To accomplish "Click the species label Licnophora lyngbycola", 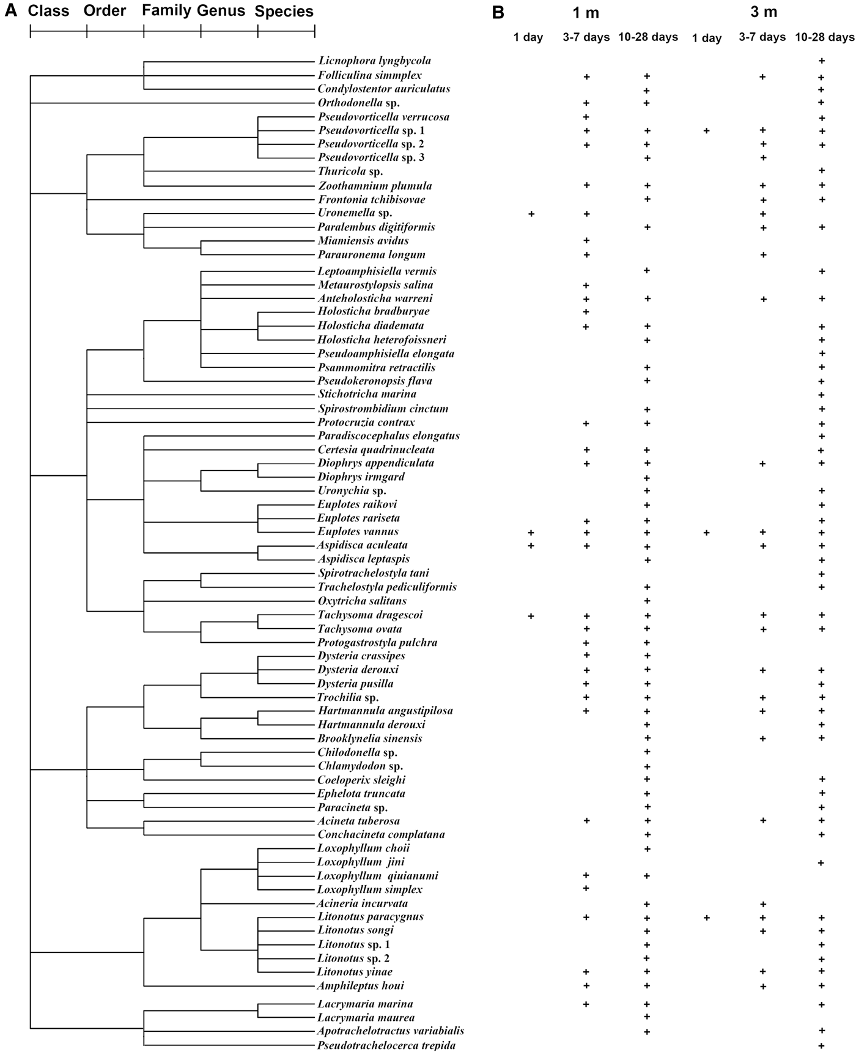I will coord(374,61).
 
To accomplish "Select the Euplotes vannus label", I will coord(358,532).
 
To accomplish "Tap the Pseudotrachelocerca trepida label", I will coord(386,1045).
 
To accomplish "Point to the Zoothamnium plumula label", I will coord(374,186).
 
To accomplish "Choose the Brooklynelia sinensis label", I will coord(369,738).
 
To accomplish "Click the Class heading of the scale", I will coord(48,11).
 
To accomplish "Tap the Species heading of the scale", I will coord(284,12).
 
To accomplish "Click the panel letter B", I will coord(498,12).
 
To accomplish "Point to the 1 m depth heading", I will coord(585,12).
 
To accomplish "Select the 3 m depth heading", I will coord(764,12).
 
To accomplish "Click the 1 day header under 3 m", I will coord(707,39).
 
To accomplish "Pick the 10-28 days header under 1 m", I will coord(648,37).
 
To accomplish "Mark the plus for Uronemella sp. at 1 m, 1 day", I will coord(531,214).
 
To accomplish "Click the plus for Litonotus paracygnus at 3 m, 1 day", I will coord(707,917).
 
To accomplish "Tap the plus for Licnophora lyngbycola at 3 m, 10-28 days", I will coord(822,61).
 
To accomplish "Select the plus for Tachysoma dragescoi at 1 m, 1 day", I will coord(531,616).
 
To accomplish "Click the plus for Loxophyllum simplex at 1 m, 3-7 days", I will coord(586,888).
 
